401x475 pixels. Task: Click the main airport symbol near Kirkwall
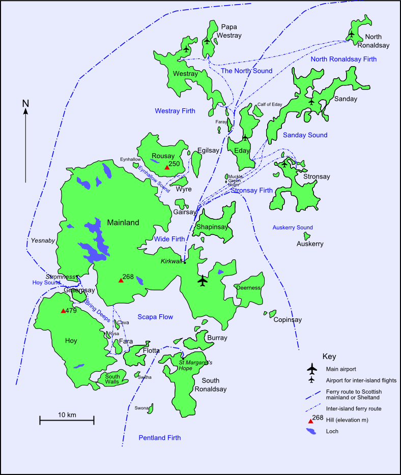coord(203,280)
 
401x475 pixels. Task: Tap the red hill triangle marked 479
coord(63,311)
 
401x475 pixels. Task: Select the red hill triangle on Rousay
coord(166,167)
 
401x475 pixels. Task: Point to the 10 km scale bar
coord(67,420)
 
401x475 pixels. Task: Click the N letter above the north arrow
coord(25,104)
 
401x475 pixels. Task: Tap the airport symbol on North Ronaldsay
coord(351,34)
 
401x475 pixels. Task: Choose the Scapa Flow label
coord(155,317)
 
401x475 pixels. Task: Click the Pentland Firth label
coord(159,437)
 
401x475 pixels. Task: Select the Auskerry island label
coord(310,244)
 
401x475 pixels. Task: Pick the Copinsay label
coord(288,320)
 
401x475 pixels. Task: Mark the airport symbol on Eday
coord(245,137)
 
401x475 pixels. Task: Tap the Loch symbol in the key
coord(311,432)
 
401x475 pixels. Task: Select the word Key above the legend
coord(330,356)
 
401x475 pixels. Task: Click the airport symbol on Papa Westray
coord(207,40)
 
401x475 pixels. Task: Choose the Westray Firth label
coord(175,110)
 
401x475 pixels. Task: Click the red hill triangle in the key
coord(310,421)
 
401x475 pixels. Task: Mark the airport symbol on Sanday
coord(311,102)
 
